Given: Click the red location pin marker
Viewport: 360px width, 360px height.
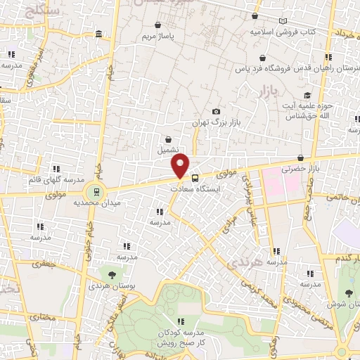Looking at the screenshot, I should (x=181, y=166).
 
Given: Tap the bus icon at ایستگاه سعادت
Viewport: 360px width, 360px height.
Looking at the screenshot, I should (x=195, y=178).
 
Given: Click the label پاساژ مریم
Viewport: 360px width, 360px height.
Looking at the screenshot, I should (x=155, y=35).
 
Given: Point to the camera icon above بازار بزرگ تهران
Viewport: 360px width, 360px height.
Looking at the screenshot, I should (x=216, y=112).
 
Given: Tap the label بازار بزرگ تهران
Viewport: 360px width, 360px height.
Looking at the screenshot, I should (x=217, y=123).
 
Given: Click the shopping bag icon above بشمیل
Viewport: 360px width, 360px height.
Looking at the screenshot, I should (x=168, y=139).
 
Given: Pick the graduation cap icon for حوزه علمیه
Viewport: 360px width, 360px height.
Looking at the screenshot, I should (x=306, y=95).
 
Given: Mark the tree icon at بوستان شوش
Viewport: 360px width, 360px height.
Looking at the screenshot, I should (x=349, y=292).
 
